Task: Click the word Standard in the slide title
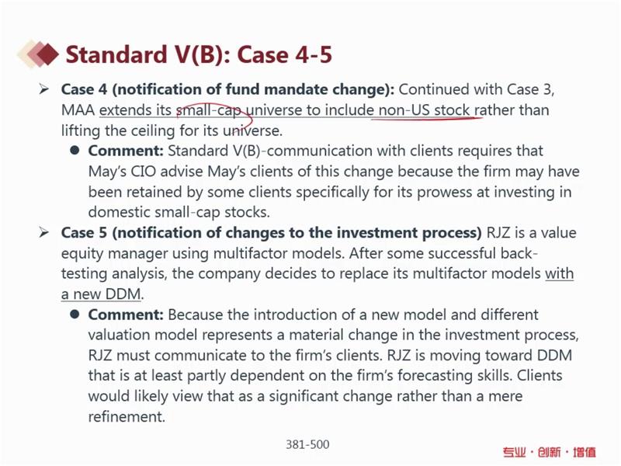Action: (117, 54)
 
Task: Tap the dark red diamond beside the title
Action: (47, 54)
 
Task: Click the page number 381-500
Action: (307, 444)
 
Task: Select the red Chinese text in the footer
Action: (549, 452)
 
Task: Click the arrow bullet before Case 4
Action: (44, 89)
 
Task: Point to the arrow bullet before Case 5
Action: (44, 232)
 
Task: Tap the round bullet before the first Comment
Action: (75, 151)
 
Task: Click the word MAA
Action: (78, 110)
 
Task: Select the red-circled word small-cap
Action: (208, 110)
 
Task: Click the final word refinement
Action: (126, 416)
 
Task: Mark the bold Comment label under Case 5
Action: (126, 315)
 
